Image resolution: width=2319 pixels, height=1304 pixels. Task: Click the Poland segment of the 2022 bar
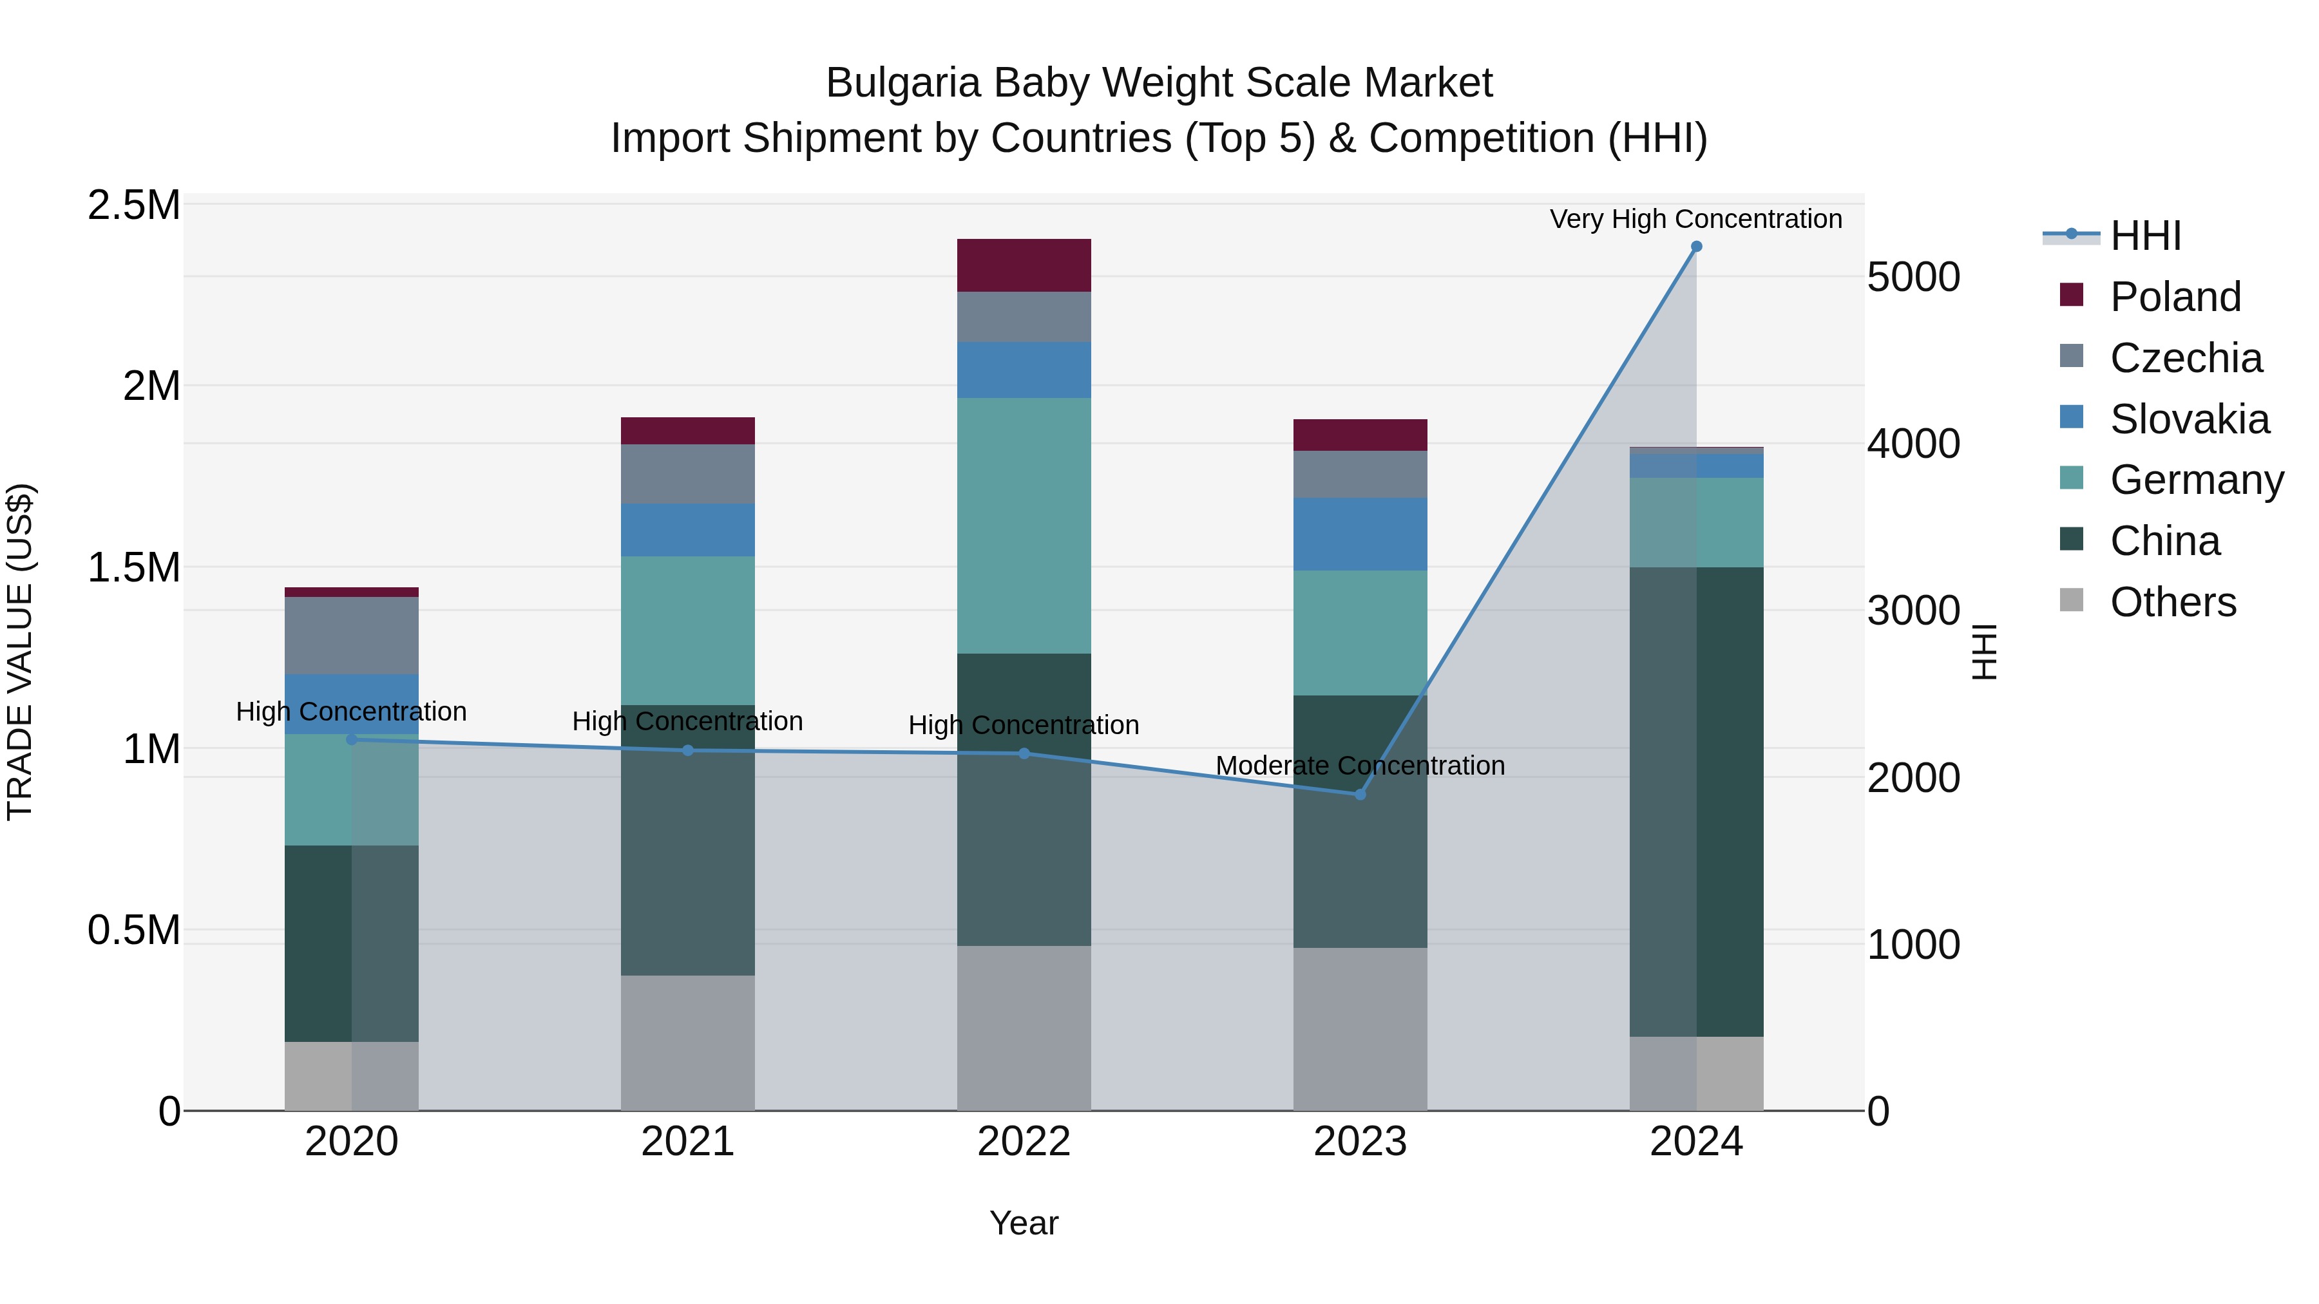point(1024,265)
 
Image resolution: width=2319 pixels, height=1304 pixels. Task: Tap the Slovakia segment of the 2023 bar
point(1359,534)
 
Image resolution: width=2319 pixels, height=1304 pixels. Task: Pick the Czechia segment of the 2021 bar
point(688,473)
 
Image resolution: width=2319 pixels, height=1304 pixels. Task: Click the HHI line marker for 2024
point(1696,247)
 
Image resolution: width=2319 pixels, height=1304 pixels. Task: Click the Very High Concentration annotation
point(1695,219)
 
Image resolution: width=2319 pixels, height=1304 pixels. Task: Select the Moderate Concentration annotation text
point(1359,766)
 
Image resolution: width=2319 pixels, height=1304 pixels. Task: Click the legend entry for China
point(2164,541)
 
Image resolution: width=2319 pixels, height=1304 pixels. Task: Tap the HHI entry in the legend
point(2144,236)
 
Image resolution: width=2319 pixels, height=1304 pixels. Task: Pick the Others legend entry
point(2172,602)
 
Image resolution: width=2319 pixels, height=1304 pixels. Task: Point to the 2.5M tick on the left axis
point(133,205)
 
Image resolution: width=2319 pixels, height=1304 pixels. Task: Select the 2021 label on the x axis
point(688,1142)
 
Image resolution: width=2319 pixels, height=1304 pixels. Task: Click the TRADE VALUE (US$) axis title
point(20,652)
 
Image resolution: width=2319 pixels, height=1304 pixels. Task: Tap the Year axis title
point(1024,1223)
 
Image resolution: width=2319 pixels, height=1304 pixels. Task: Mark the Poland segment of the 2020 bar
point(351,592)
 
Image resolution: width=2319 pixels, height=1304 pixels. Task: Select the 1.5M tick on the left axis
point(133,568)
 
